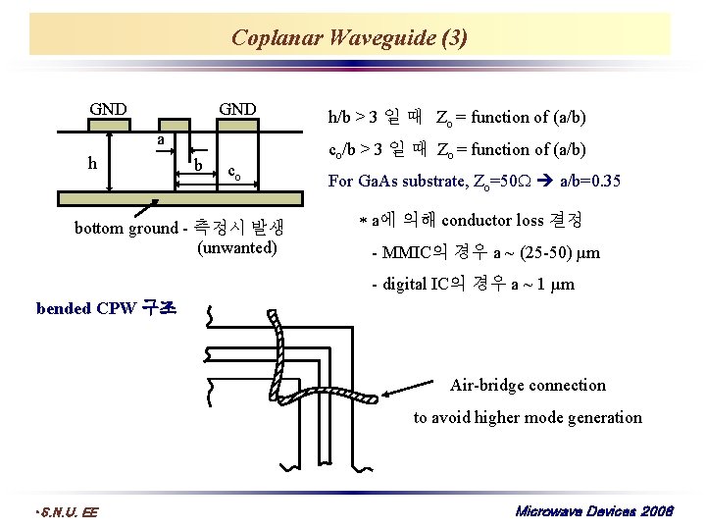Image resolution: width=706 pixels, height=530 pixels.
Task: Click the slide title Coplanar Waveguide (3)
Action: [349, 38]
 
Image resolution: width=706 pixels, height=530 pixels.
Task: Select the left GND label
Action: [108, 108]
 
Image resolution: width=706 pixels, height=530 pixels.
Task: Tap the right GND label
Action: [237, 108]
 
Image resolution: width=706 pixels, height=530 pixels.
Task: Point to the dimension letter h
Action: [91, 163]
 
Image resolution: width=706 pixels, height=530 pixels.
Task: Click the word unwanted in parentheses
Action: [237, 247]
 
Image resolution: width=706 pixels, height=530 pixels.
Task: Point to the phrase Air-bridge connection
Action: [528, 385]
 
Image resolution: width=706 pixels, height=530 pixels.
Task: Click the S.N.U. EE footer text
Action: [67, 511]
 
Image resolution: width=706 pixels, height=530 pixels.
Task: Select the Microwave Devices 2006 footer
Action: [594, 511]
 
